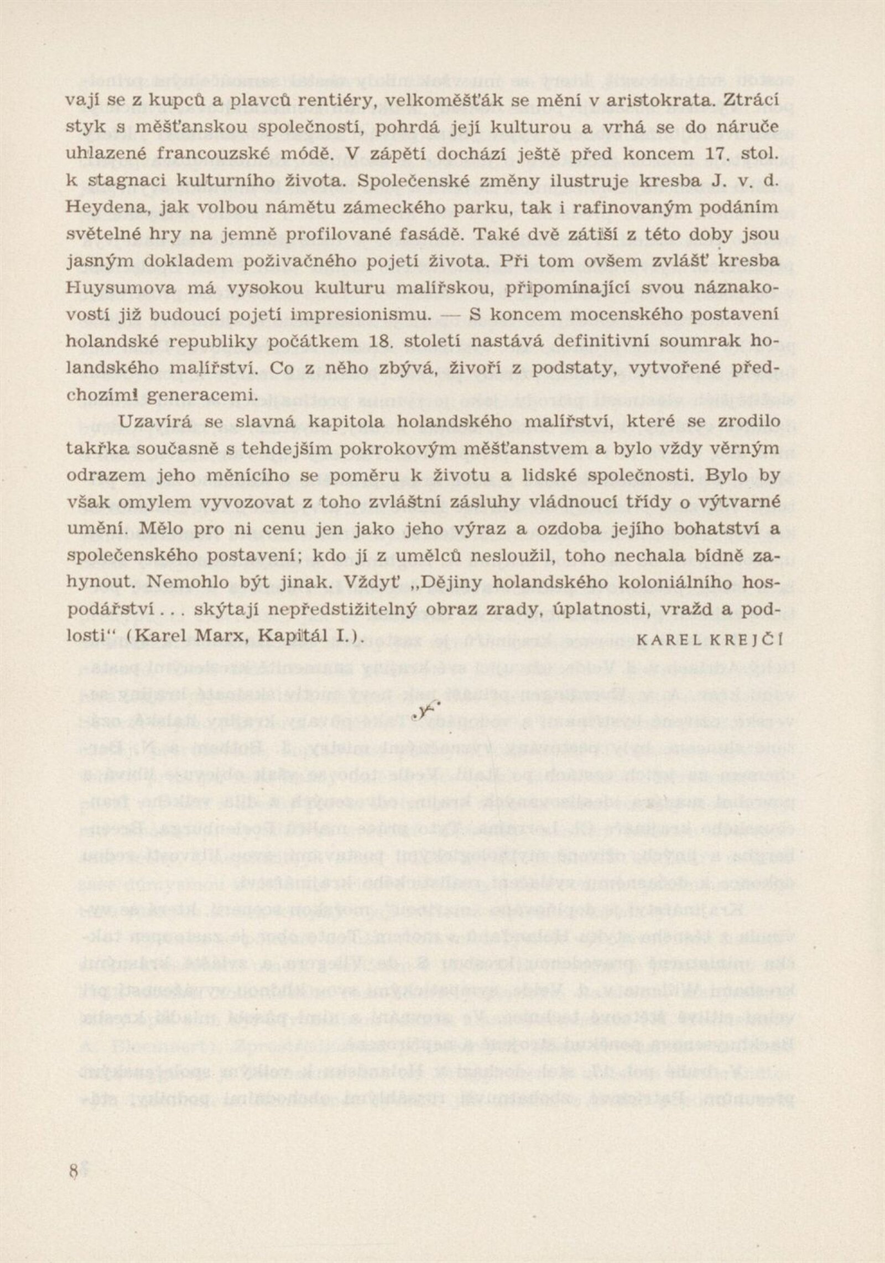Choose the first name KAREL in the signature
(x=667, y=639)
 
